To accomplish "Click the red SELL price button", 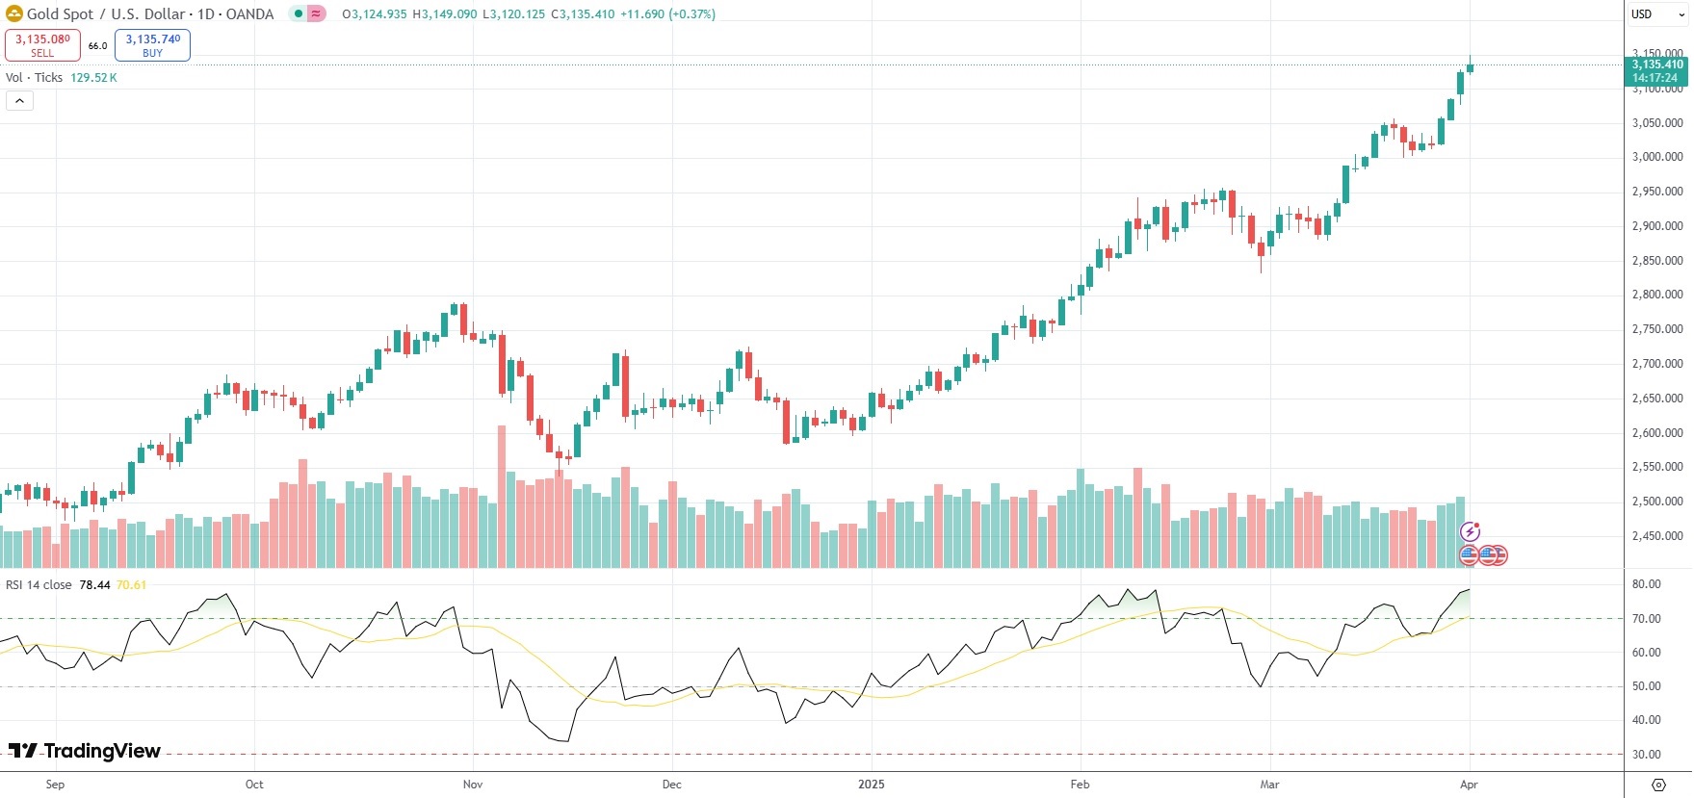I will point(42,45).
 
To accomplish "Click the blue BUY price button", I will point(152,45).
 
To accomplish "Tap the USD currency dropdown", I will point(1656,14).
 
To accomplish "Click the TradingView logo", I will point(85,751).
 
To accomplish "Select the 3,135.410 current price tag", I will point(1656,71).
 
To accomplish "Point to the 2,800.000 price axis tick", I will point(1656,295).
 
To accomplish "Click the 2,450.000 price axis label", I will point(1656,536).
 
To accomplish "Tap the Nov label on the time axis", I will point(473,785).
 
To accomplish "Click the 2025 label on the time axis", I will point(871,785).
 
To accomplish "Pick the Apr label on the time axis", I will point(1469,785).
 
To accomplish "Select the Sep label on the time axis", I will point(55,785).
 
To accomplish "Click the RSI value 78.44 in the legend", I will point(94,585).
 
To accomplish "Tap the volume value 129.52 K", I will point(93,78).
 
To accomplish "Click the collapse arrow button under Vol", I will point(19,101).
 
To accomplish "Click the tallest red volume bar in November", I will point(502,496).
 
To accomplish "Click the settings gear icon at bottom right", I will point(1658,785).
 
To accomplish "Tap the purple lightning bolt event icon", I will point(1470,531).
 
